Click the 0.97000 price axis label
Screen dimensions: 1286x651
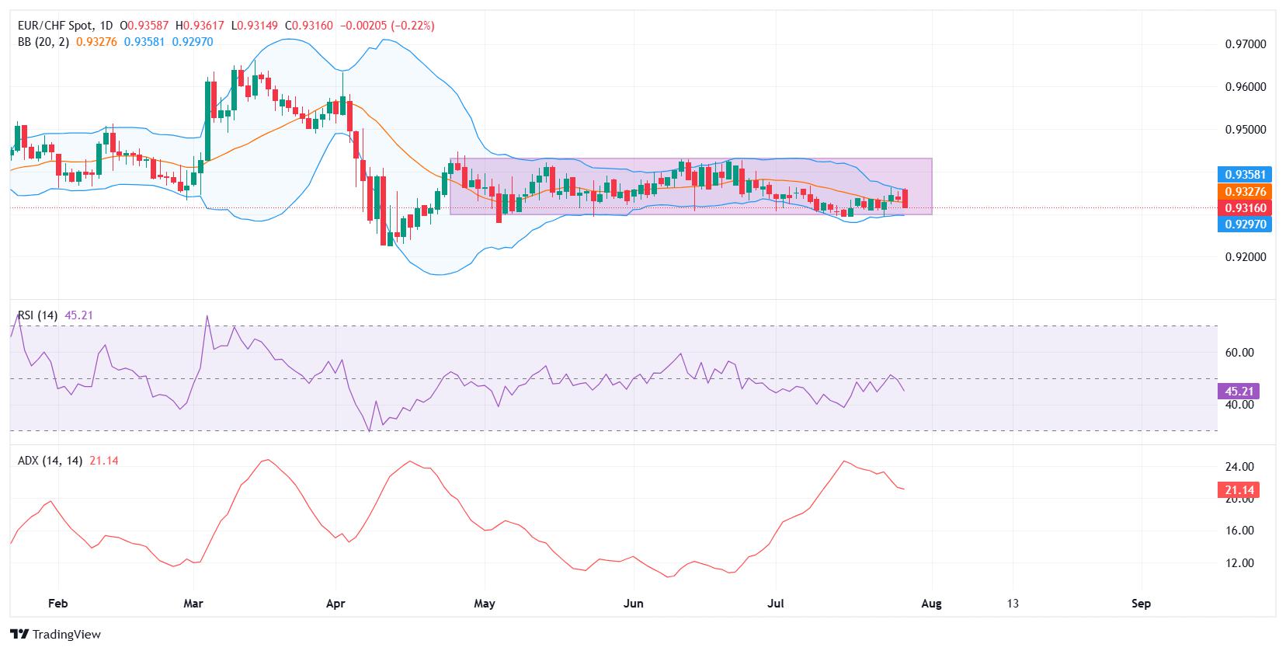click(1246, 44)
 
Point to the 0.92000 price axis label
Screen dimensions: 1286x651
click(1246, 256)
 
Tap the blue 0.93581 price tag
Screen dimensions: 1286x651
click(1245, 175)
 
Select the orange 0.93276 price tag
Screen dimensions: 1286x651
click(1245, 191)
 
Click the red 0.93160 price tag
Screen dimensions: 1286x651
click(1245, 208)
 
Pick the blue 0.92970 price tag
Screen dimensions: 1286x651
click(1245, 225)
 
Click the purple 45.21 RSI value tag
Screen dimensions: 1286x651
click(1239, 392)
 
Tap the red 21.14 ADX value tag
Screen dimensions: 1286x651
click(1239, 489)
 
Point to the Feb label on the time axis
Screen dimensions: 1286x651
click(58, 604)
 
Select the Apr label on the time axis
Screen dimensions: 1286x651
click(335, 604)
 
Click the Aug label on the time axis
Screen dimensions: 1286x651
click(931, 604)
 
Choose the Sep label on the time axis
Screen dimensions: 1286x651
click(1142, 604)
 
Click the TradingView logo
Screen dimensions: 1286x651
click(56, 634)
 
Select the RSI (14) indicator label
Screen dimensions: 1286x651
click(37, 315)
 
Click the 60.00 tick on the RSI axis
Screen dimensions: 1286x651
click(1239, 353)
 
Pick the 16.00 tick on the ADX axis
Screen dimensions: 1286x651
click(1239, 531)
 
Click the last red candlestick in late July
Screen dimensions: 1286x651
click(905, 198)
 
